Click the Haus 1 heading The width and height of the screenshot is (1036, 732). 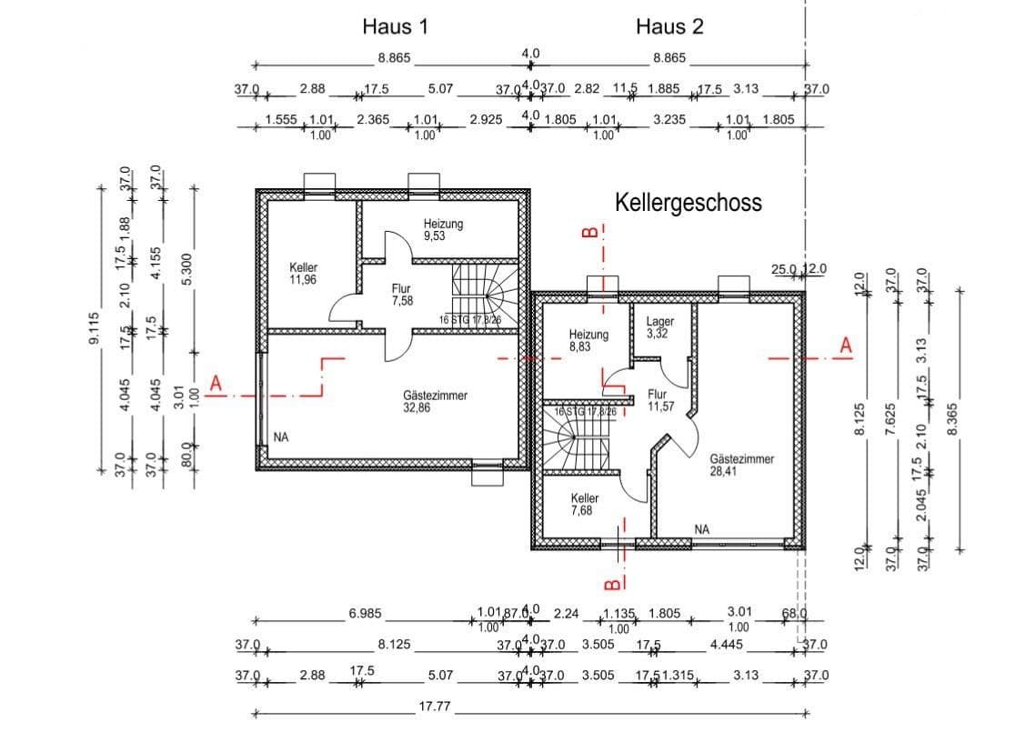pyautogui.click(x=395, y=26)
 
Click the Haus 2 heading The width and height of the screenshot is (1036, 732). pyautogui.click(x=669, y=26)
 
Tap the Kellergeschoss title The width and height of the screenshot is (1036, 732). pyautogui.click(x=689, y=202)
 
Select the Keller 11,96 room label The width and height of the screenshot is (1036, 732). pyautogui.click(x=304, y=274)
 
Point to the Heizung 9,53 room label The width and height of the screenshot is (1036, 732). pyautogui.click(x=444, y=229)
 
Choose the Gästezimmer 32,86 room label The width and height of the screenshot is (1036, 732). pyautogui.click(x=435, y=402)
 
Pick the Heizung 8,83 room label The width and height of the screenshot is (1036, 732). pyautogui.click(x=588, y=341)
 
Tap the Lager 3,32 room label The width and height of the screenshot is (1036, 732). pyautogui.click(x=659, y=327)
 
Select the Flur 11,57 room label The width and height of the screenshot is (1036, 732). pyautogui.click(x=659, y=401)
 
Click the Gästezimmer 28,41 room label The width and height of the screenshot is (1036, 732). pyautogui.click(x=741, y=466)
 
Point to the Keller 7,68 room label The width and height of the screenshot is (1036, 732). pyautogui.click(x=585, y=505)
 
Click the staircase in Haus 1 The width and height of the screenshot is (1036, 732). pyautogui.click(x=487, y=293)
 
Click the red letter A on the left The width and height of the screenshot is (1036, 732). pyautogui.click(x=216, y=385)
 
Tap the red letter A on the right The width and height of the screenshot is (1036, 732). pyautogui.click(x=845, y=346)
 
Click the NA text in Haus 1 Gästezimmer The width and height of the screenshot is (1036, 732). pyautogui.click(x=281, y=437)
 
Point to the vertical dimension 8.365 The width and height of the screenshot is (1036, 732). pyautogui.click(x=952, y=420)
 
